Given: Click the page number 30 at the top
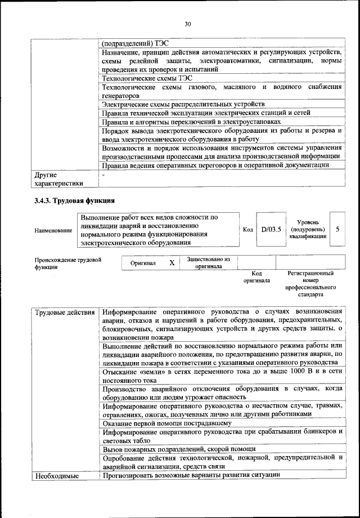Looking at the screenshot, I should tap(187, 24).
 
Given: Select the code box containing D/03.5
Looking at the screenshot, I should tap(271, 230).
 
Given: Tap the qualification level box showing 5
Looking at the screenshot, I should tap(337, 230).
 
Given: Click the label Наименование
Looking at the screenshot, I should tap(53, 230).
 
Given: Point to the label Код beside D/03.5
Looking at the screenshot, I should tap(247, 230).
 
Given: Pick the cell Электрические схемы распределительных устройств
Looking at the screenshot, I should tap(183, 104).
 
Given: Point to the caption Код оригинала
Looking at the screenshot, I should tap(256, 276).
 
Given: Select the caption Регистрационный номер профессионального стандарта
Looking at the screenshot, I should tap(310, 283).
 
